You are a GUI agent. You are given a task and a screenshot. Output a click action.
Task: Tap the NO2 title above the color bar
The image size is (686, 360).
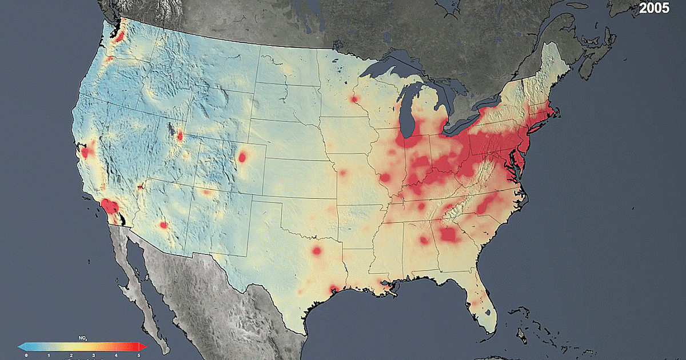click(x=82, y=338)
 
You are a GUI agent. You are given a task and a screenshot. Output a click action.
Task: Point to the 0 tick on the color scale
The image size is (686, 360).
click(x=26, y=355)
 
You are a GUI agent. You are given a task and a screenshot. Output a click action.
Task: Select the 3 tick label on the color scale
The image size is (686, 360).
click(x=93, y=355)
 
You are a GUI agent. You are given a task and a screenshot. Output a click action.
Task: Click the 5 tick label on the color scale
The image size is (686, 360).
click(x=138, y=355)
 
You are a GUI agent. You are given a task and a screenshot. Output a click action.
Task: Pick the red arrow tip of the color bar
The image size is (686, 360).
click(x=145, y=347)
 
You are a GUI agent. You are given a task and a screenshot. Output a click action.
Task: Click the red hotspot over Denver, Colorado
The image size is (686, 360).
click(x=244, y=157)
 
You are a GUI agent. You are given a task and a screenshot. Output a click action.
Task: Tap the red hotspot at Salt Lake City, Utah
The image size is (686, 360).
click(x=180, y=136)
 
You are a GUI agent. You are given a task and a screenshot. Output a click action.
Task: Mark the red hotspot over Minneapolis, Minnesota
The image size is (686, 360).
click(x=354, y=99)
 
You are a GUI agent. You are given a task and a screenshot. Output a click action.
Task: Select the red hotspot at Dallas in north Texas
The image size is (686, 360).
click(x=317, y=250)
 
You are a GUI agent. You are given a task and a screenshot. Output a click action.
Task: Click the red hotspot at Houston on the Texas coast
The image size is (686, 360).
click(x=333, y=289)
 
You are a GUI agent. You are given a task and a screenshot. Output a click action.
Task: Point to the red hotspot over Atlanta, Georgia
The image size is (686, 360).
click(x=449, y=234)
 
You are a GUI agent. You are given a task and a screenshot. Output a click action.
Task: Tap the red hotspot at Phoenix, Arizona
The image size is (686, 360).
click(x=163, y=225)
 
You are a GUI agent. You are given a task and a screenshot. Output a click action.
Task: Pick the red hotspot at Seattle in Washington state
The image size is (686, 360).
click(x=119, y=38)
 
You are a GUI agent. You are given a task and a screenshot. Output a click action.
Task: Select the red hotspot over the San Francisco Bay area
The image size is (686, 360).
click(x=87, y=152)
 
